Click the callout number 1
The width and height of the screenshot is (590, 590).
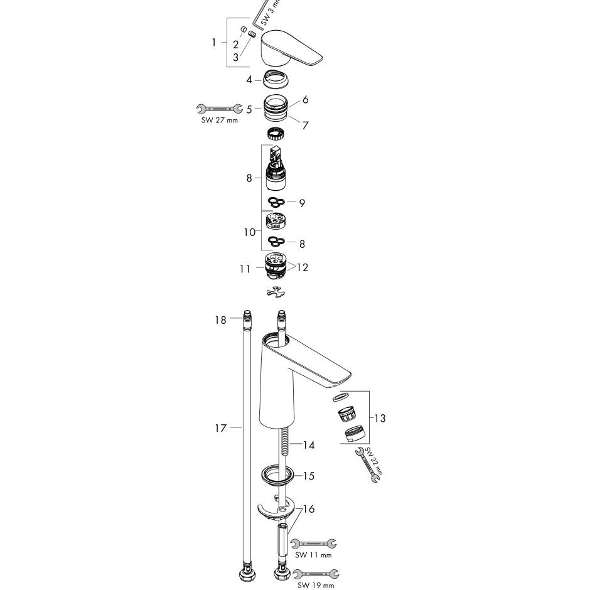tap(214, 43)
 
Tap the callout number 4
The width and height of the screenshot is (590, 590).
tap(249, 80)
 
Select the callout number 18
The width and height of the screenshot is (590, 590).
tap(219, 320)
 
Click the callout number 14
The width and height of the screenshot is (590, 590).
tap(308, 445)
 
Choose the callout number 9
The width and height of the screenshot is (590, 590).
tap(302, 203)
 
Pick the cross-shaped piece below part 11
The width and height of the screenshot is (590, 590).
tap(276, 292)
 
